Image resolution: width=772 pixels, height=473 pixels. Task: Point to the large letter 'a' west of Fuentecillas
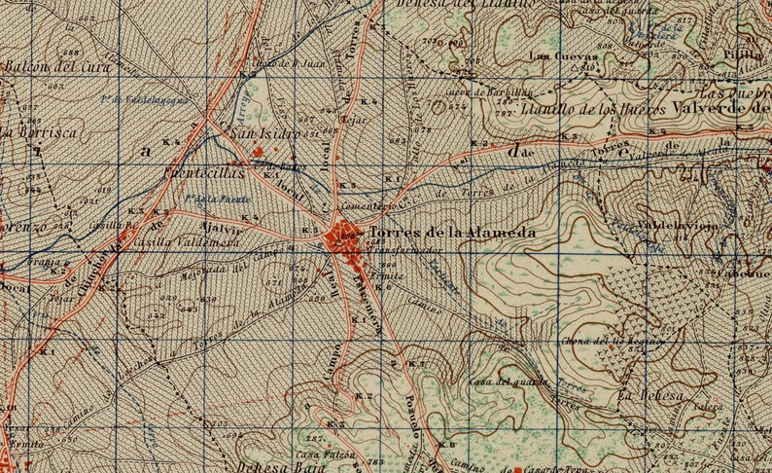[146, 151]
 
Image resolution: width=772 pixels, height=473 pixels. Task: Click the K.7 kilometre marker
[417, 363]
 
